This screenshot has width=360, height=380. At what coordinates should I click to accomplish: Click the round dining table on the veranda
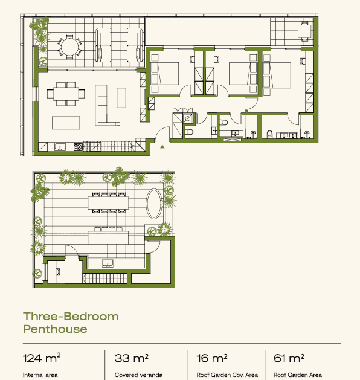(x=69, y=47)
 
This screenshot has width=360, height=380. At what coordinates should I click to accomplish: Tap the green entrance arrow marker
(x=162, y=146)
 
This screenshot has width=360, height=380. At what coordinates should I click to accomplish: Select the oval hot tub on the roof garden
(x=154, y=204)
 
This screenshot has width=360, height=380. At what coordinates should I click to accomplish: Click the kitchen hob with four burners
(x=78, y=147)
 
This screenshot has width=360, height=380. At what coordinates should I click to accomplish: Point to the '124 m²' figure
(x=42, y=358)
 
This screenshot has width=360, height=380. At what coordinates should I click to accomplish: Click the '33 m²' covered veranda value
(x=132, y=358)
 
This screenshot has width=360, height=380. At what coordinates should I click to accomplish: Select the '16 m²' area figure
(x=212, y=358)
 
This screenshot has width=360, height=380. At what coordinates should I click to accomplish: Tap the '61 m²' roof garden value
(x=289, y=358)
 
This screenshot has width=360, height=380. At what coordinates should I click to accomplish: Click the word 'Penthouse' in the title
(x=55, y=329)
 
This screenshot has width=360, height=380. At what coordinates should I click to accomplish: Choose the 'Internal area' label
(x=40, y=375)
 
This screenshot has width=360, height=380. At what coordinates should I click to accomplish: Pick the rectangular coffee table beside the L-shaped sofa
(x=121, y=98)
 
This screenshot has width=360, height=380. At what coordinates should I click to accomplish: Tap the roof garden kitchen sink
(x=108, y=263)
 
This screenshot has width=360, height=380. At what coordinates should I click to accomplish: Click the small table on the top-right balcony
(x=304, y=31)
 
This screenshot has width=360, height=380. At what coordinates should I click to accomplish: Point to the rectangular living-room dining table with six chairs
(x=66, y=94)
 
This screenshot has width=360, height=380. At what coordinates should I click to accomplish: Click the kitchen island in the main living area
(x=66, y=123)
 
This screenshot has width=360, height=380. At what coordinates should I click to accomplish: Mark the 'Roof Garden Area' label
(x=298, y=375)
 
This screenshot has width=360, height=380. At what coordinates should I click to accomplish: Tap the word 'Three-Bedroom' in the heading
(x=71, y=316)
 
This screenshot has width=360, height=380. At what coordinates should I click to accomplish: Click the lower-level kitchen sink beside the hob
(x=60, y=147)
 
